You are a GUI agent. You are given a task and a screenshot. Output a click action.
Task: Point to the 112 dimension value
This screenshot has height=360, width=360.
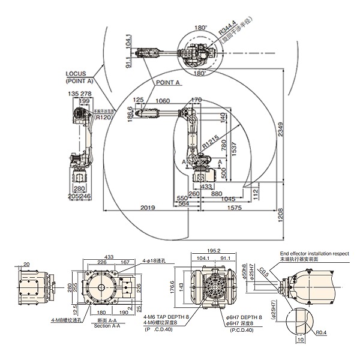[x=255, y=192]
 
